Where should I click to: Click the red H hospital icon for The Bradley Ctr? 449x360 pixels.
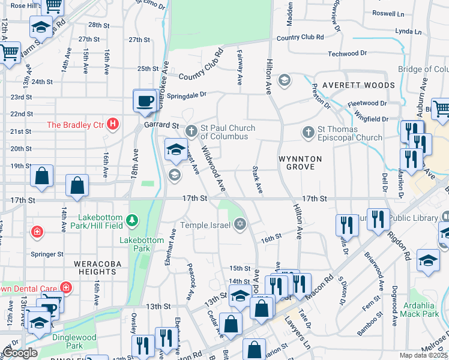click(112, 125)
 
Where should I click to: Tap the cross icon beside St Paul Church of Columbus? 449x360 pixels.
click(191, 130)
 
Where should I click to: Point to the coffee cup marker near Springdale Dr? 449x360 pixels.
click(145, 101)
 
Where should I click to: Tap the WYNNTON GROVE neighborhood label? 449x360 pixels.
click(300, 163)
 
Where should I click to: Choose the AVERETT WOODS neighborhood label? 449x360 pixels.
click(358, 85)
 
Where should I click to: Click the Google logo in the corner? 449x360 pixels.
click(19, 352)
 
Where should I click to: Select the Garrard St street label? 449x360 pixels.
click(161, 125)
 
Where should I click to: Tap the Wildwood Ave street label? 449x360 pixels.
click(212, 169)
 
